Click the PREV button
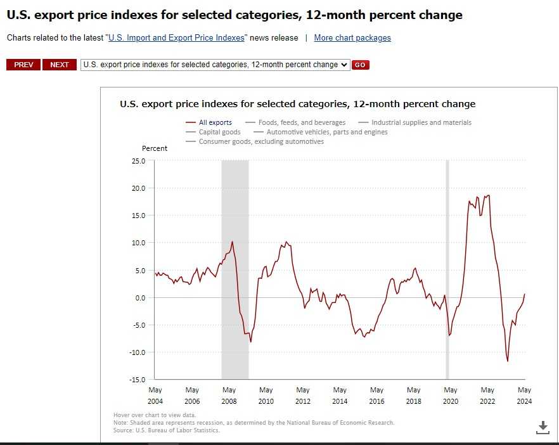23,65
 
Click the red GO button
361,65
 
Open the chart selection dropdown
215,65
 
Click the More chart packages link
352,38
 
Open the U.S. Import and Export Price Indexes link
176,38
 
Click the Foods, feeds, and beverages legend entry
301,122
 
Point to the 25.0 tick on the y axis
138,161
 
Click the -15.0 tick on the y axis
137,380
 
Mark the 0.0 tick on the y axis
140,298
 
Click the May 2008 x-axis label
229,395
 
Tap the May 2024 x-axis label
524,395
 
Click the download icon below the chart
543,427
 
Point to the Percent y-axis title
155,148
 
